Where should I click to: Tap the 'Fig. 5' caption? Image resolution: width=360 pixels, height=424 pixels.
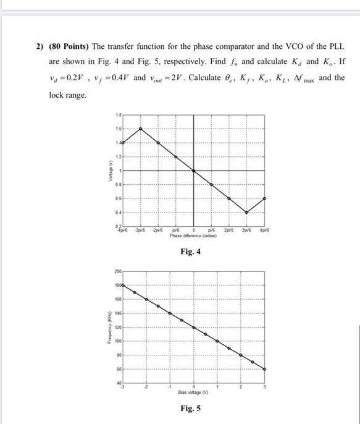(x=190, y=408)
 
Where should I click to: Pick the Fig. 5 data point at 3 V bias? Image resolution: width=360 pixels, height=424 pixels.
(x=266, y=368)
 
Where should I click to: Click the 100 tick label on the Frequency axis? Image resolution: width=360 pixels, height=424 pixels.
(x=119, y=341)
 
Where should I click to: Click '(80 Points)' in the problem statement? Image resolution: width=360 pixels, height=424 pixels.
(x=71, y=47)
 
